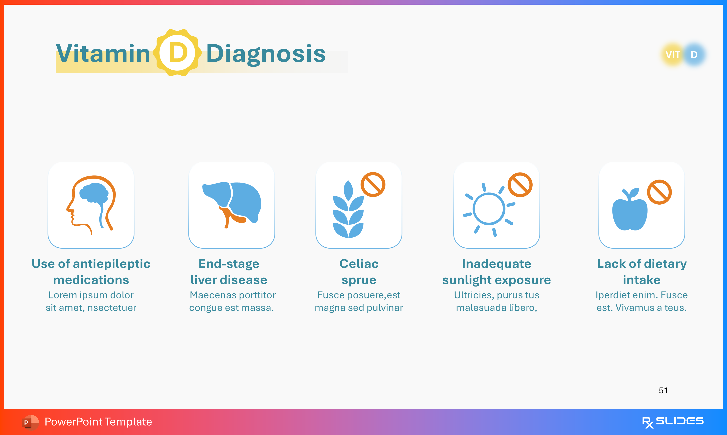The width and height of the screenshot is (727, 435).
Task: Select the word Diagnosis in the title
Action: coord(266,54)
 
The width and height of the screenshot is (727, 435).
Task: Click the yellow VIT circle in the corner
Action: coord(673,55)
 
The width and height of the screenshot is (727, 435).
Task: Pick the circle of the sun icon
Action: coord(489,209)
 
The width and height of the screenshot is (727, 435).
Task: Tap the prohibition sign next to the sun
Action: coord(520,185)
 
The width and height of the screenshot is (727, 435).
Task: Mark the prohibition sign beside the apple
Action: coord(659,192)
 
